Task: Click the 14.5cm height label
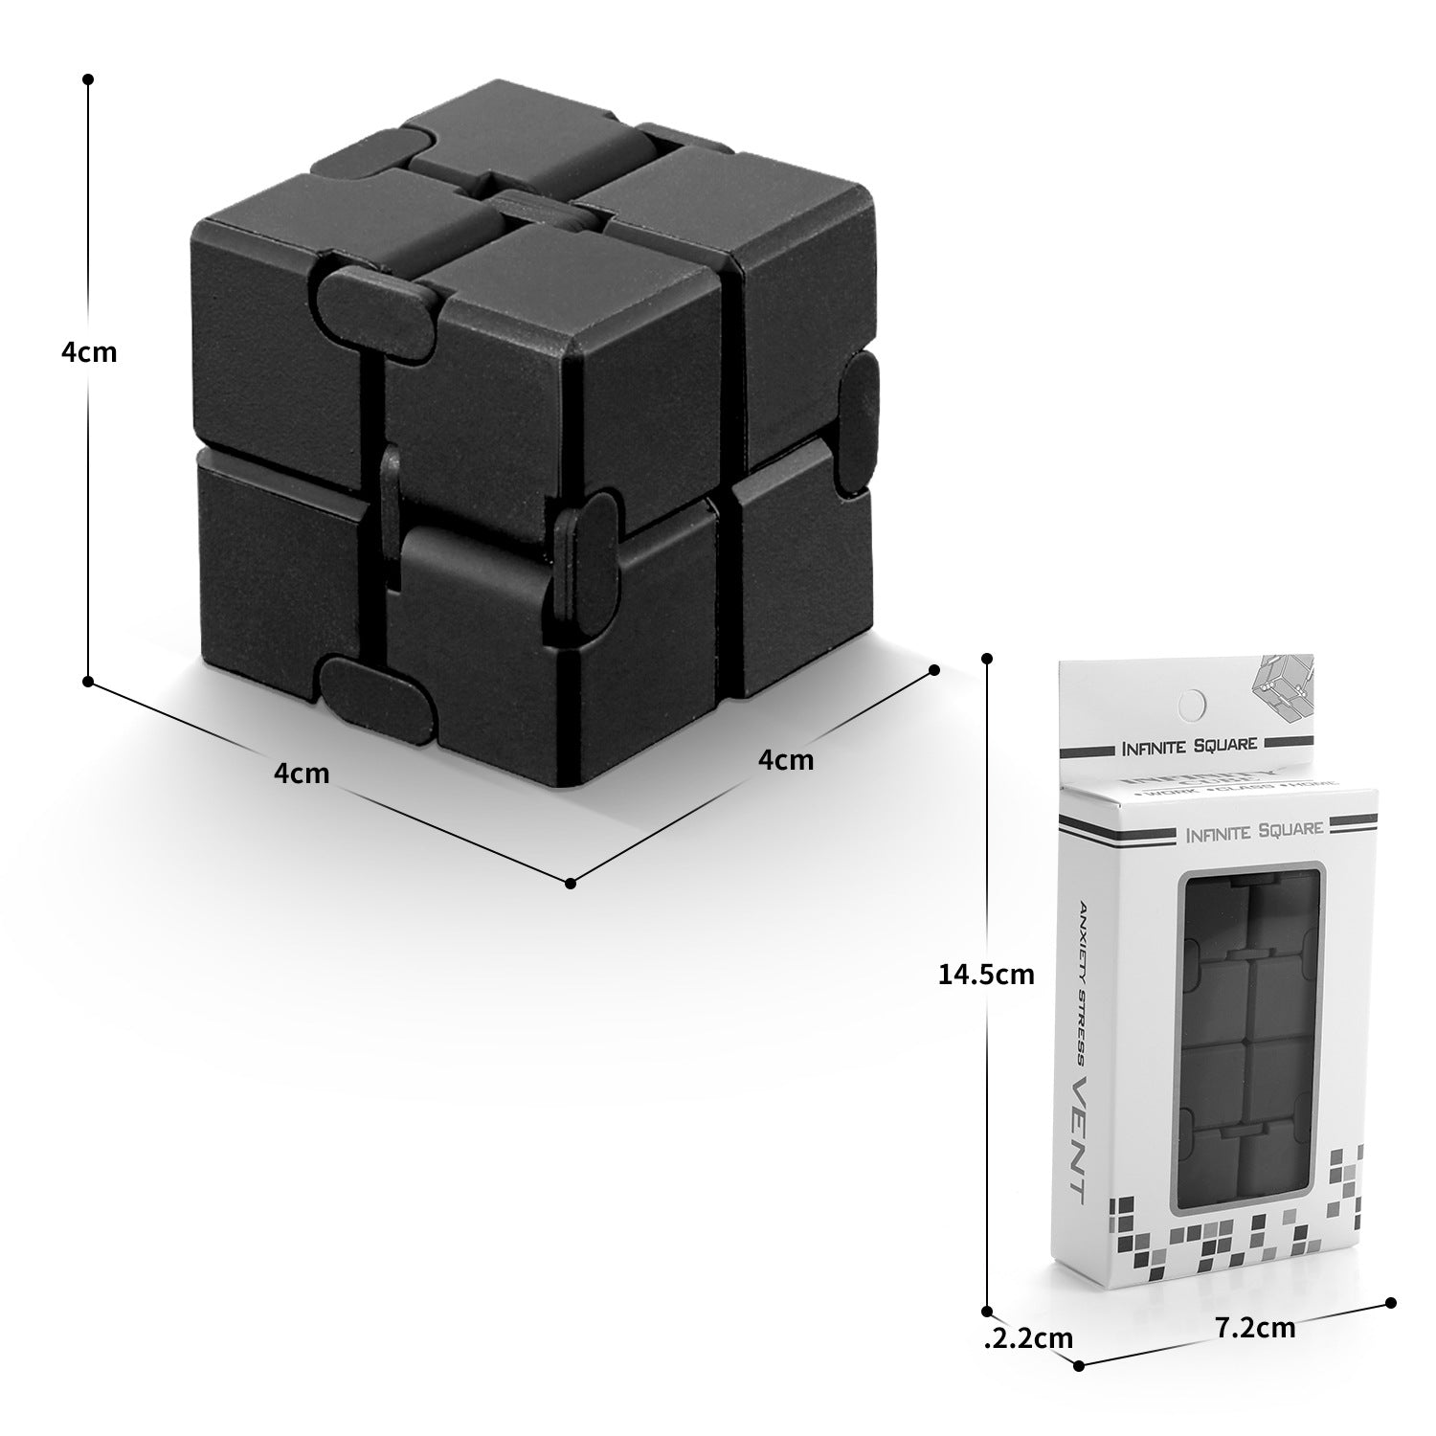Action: (x=986, y=975)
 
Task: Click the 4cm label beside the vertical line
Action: (x=89, y=352)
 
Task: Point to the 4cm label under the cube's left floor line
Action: (x=302, y=772)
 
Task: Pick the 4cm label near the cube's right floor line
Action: (x=785, y=759)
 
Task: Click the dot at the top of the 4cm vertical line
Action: (x=88, y=79)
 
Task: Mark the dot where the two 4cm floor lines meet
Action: (x=571, y=884)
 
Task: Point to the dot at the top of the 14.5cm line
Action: (x=987, y=659)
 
